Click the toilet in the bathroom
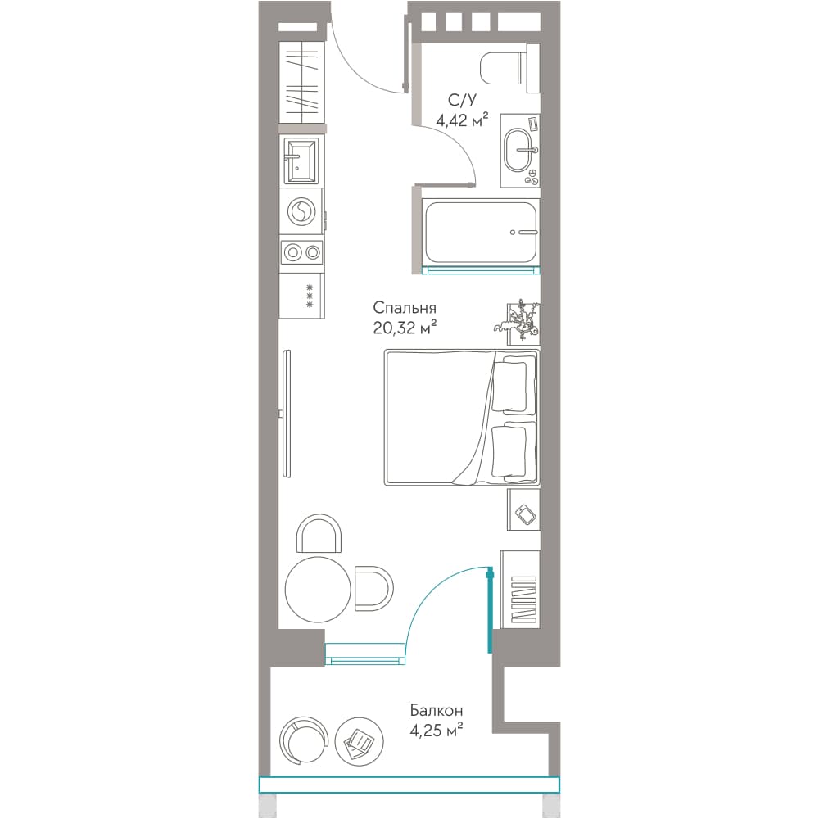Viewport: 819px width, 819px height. click(x=509, y=69)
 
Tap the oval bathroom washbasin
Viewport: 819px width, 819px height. click(x=517, y=150)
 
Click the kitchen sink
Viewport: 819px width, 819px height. click(x=300, y=161)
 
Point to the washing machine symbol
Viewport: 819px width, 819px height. click(x=301, y=211)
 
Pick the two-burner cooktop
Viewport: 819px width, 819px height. click(x=302, y=253)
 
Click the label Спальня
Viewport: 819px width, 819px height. click(x=405, y=308)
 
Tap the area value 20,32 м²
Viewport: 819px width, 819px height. click(x=405, y=328)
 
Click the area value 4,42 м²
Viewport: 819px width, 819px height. click(x=462, y=120)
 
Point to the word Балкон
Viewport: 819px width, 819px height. click(x=437, y=711)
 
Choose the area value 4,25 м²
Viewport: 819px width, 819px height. click(x=437, y=731)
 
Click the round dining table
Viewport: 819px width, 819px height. click(x=318, y=589)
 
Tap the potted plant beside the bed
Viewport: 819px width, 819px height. click(x=517, y=322)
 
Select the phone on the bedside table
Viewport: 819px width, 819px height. click(x=526, y=514)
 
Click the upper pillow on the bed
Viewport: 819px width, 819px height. click(x=509, y=386)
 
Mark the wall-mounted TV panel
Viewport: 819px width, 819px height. click(x=286, y=413)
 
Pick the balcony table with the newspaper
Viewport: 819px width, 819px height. click(x=359, y=740)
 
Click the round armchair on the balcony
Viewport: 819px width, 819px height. click(x=303, y=740)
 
